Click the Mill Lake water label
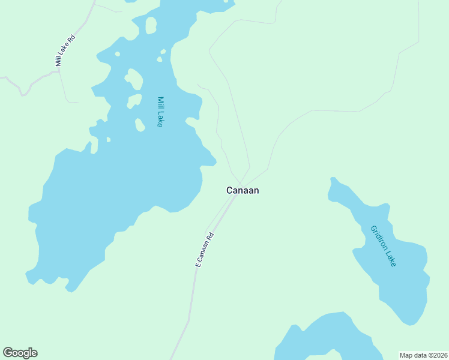(160, 112)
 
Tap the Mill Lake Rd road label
(65, 50)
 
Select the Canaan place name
(243, 190)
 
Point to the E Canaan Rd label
(205, 250)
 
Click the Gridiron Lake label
(383, 245)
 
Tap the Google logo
(20, 353)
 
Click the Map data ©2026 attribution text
(423, 355)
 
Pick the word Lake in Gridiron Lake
(391, 259)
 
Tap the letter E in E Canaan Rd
(197, 264)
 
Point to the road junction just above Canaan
(241, 182)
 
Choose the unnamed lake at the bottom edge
(330, 339)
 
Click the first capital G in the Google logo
(8, 353)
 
